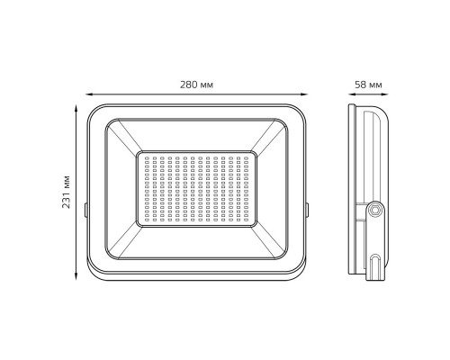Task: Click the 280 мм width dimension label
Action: (196, 85)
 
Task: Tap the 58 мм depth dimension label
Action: (368, 85)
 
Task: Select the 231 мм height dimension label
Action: (66, 192)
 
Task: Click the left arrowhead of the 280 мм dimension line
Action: (89, 94)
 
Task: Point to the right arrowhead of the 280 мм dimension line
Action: (304, 94)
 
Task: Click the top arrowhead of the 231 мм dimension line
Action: (76, 108)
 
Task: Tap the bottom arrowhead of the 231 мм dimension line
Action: (76, 277)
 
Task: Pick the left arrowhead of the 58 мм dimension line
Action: (352, 94)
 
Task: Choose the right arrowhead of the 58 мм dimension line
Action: (385, 94)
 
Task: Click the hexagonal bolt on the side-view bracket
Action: (374, 210)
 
